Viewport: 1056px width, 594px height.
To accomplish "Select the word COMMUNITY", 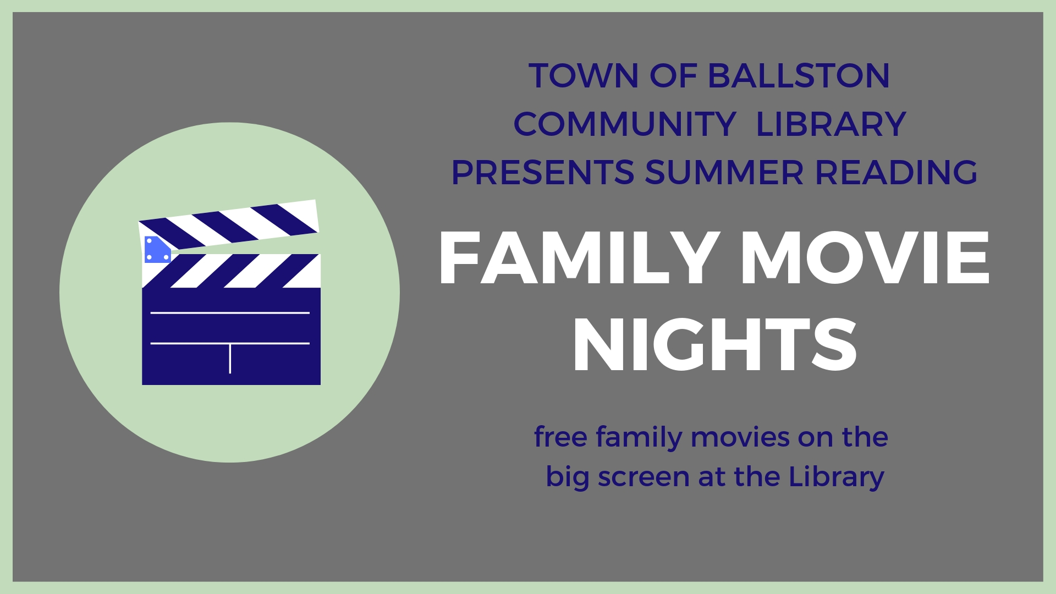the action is coord(625,124).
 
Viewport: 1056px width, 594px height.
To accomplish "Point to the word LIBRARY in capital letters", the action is coord(831,124).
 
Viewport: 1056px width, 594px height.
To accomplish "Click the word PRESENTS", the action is coord(543,172).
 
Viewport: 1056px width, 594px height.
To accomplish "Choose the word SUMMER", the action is coord(724,172).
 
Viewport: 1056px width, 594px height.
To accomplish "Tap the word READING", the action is coord(896,172).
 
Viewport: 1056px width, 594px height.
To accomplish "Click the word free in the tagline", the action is coord(560,437).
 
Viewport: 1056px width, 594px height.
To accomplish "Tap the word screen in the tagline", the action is coord(643,477).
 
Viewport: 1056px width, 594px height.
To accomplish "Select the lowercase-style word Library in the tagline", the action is coord(837,477).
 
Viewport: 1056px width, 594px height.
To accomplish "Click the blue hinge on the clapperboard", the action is coord(157,249).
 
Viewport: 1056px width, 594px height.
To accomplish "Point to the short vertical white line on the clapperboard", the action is coord(230,359).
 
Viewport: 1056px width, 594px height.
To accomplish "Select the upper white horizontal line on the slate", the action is coord(230,313).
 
